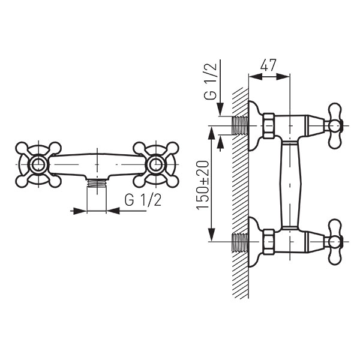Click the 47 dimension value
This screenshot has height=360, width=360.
click(268, 65)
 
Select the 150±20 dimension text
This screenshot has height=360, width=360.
click(203, 185)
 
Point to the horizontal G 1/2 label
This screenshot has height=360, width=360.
click(143, 200)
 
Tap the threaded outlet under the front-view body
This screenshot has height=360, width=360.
click(97, 184)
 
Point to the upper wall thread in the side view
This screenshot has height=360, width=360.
click(241, 125)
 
